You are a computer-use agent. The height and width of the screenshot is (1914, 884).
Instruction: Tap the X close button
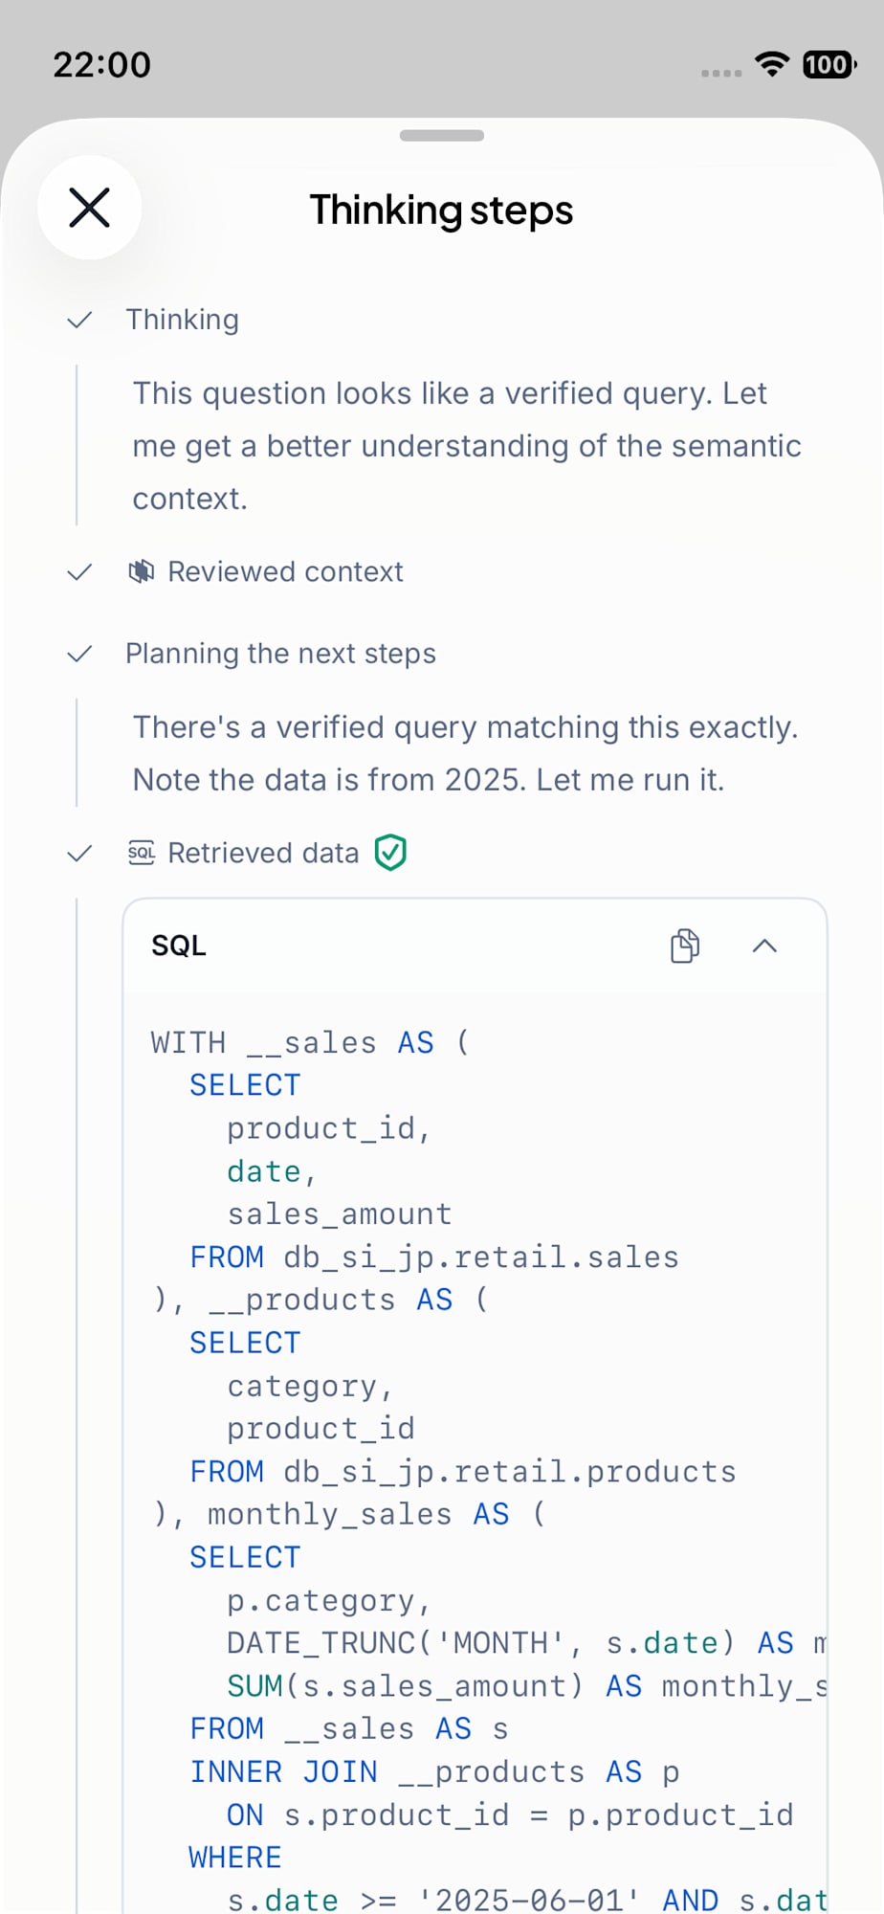90,208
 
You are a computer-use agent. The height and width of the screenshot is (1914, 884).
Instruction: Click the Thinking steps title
441,211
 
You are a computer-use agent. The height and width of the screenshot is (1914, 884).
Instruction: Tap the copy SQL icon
685,946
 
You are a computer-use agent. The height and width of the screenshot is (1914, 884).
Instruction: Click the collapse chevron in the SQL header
764,946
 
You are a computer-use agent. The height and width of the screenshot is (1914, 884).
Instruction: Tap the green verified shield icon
390,852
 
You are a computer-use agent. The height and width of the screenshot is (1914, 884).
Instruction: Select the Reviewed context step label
285,572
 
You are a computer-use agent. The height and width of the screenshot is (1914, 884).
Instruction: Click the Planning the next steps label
280,654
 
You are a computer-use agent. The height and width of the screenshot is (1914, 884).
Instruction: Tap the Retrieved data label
263,853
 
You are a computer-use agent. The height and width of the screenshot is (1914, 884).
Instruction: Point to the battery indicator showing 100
829,64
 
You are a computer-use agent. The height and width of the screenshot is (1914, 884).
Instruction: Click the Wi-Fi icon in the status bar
771,63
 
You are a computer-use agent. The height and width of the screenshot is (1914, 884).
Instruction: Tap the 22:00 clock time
101,65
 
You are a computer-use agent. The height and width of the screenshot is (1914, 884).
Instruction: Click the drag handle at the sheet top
442,135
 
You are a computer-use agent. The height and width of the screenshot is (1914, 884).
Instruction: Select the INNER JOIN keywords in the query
283,1771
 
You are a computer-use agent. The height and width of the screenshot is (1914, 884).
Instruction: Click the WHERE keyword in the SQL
235,1858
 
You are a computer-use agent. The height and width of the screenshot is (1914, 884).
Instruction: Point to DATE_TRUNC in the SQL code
320,1643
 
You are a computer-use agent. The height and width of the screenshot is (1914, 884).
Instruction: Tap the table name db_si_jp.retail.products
510,1472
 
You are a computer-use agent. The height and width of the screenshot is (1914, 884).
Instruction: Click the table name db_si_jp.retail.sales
481,1257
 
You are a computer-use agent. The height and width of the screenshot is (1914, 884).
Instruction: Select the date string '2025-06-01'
529,1900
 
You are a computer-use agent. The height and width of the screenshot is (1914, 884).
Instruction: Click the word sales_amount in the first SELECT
339,1214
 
